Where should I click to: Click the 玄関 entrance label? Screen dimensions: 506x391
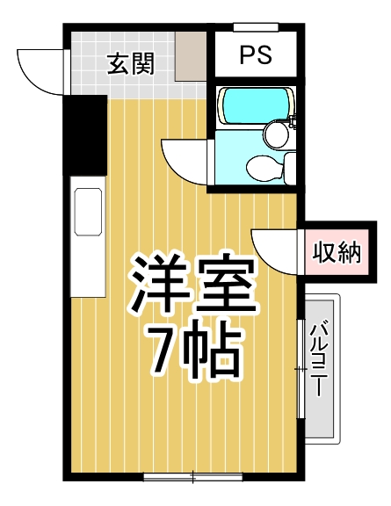[x=131, y=63]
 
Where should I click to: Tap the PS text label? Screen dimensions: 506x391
[x=256, y=56]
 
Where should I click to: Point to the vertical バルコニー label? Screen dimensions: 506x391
[x=322, y=361]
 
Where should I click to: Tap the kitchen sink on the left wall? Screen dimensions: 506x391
[x=88, y=211]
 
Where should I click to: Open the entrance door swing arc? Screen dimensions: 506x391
[x=42, y=72]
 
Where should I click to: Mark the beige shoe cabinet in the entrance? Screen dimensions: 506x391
[x=191, y=57]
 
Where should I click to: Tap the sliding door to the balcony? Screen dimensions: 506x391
[x=301, y=360]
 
